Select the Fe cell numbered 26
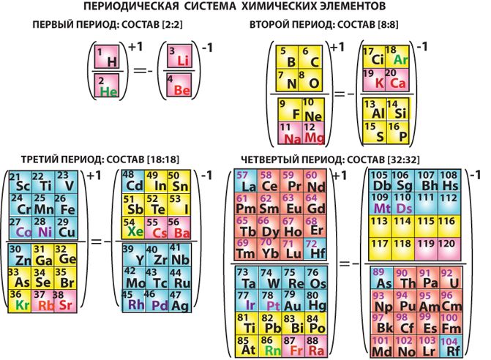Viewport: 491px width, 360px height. [67, 206]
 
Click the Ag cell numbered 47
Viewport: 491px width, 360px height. [179, 301]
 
